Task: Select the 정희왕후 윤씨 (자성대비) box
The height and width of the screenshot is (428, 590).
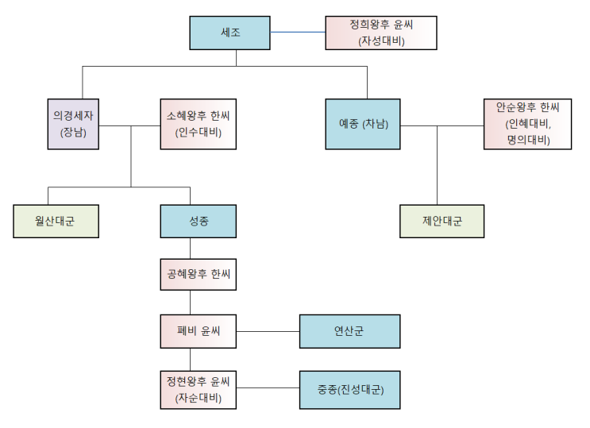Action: [381, 33]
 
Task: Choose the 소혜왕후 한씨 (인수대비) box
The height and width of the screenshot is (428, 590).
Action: [198, 125]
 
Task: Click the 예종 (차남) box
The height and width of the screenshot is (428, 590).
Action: [363, 125]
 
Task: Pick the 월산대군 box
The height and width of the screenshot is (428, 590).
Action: [56, 222]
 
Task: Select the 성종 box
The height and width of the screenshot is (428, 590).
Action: [199, 222]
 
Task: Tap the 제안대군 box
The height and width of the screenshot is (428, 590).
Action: [442, 222]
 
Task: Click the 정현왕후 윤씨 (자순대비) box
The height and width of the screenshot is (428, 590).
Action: [199, 389]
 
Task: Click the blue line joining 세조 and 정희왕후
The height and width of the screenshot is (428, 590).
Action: [299, 33]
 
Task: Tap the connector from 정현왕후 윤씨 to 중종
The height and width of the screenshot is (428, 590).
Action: [268, 388]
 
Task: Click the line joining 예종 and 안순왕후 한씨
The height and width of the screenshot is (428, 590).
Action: [442, 125]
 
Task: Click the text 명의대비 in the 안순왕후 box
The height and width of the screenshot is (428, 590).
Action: [528, 140]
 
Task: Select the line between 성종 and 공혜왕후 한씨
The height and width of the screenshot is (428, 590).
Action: [191, 248]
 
